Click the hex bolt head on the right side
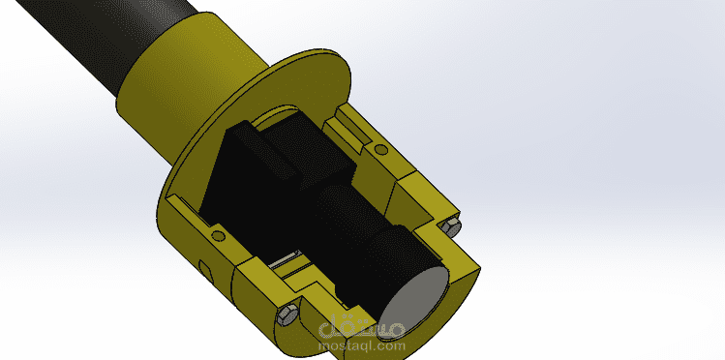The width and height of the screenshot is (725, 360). point(451,226)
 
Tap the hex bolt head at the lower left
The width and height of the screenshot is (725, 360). point(287,315)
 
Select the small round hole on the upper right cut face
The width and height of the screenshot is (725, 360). point(381,149)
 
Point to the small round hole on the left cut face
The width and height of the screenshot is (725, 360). point(218,236)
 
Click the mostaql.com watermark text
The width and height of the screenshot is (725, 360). point(362,345)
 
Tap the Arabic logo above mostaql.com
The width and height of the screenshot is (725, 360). point(362,326)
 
